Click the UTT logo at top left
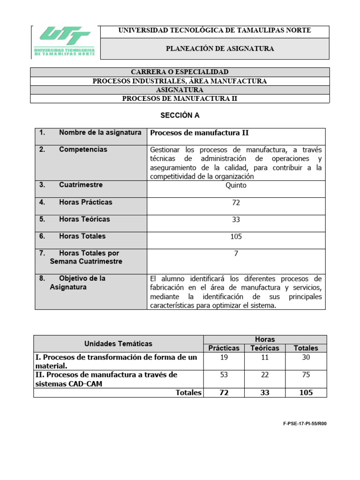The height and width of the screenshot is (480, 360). coord(65,42)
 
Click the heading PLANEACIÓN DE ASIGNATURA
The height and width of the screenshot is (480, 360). coord(220,48)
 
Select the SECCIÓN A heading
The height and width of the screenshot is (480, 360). coord(180,115)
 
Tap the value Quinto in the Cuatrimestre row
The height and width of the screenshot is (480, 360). coord(236,185)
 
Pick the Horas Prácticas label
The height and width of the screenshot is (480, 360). coord(86,202)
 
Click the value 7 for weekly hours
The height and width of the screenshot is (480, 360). coord(236,254)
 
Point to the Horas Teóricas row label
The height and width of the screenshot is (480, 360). coord(84,219)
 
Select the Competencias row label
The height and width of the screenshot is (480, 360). coord(83,150)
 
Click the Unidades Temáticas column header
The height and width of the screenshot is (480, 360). coord(118,344)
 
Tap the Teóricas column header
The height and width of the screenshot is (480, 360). coord(265,348)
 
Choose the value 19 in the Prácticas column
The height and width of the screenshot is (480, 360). coord(224,357)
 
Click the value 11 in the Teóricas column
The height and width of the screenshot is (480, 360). coord(265,357)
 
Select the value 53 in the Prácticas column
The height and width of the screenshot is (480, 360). coord(224,375)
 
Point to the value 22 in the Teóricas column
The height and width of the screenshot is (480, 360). coord(265,375)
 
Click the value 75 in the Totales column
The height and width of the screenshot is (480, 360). coord(306,375)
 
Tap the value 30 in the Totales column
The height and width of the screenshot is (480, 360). coord(306,357)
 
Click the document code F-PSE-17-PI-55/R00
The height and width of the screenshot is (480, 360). coord(305,423)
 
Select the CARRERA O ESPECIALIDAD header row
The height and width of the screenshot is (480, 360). coord(180,72)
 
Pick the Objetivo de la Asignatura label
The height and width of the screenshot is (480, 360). coord(77,283)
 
